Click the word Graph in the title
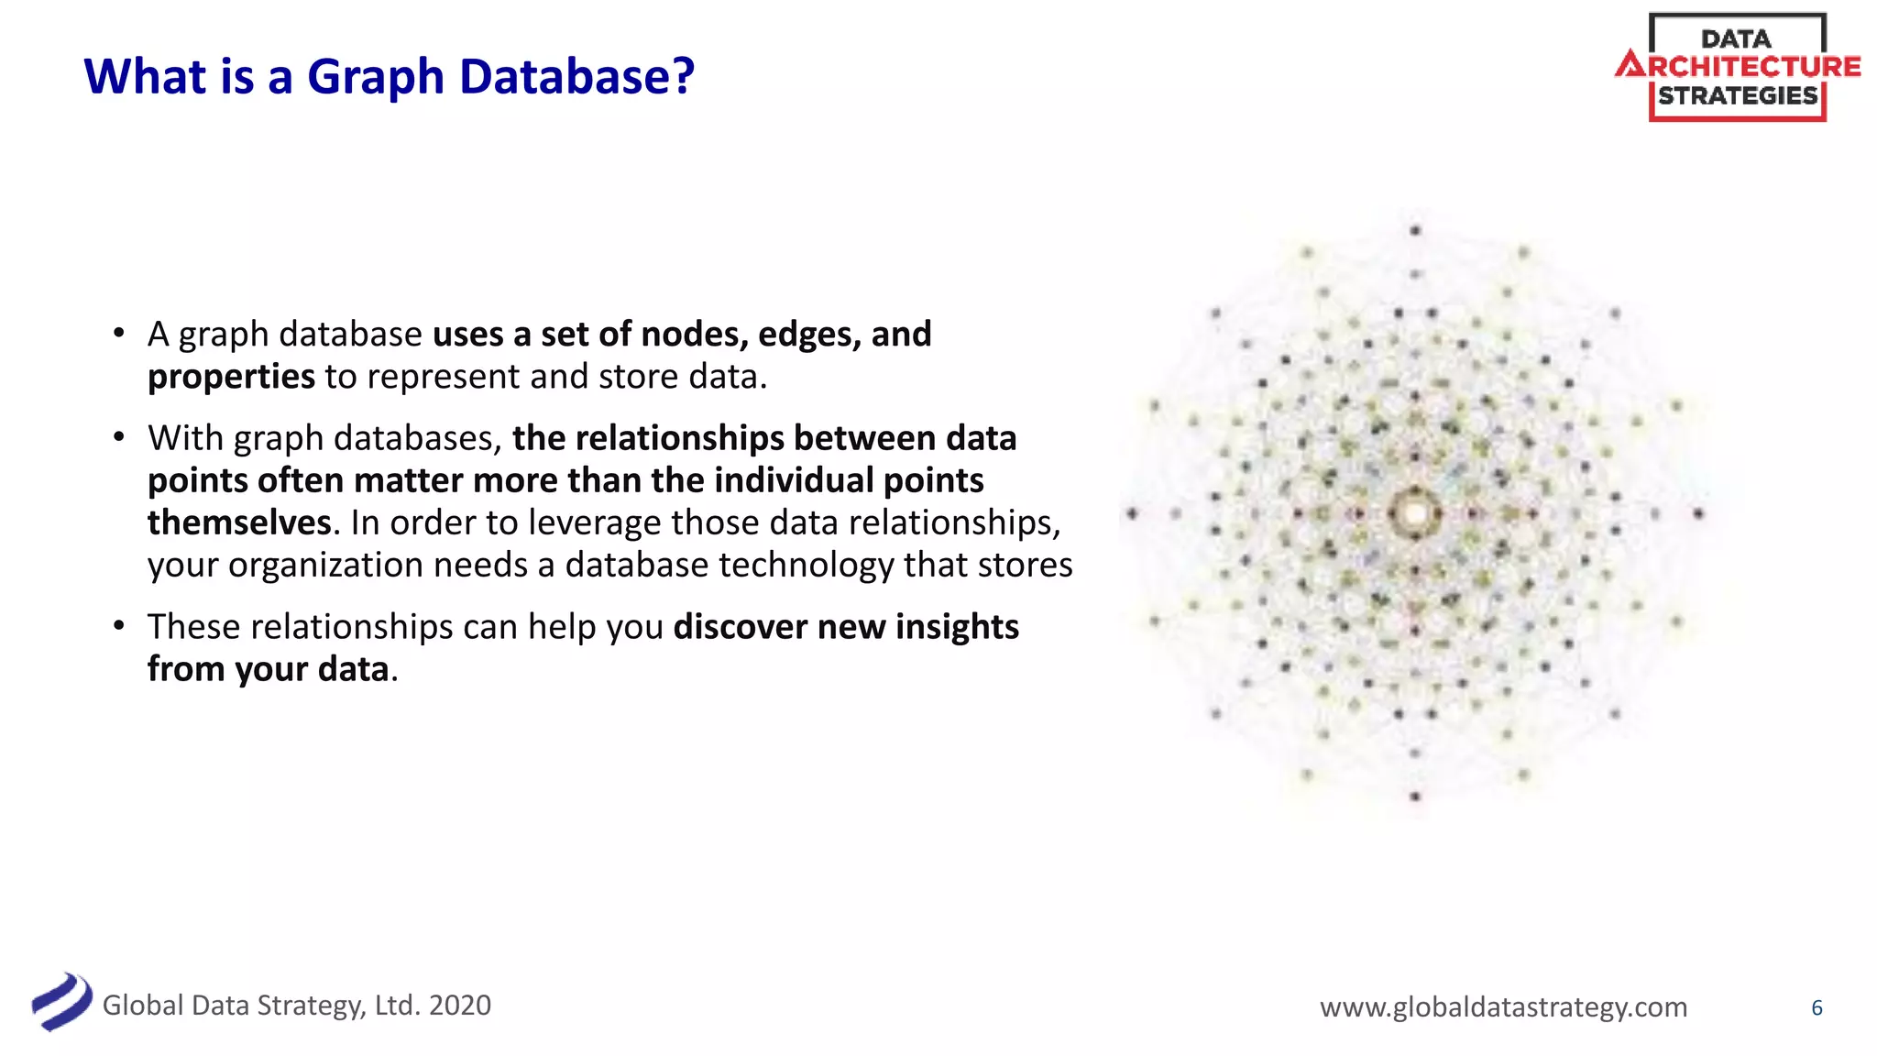click(375, 77)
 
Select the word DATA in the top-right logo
click(1736, 38)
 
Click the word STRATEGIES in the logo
click(1738, 95)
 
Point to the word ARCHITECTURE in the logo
click(1739, 67)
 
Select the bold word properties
click(231, 377)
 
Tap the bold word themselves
click(238, 522)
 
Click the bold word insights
click(957, 627)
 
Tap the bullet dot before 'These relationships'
click(119, 626)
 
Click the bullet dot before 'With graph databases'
click(119, 437)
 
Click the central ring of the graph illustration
click(1414, 513)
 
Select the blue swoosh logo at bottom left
click(61, 1001)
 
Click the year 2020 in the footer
click(460, 1006)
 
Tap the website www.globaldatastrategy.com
click(1503, 1007)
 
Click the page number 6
click(1817, 1008)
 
